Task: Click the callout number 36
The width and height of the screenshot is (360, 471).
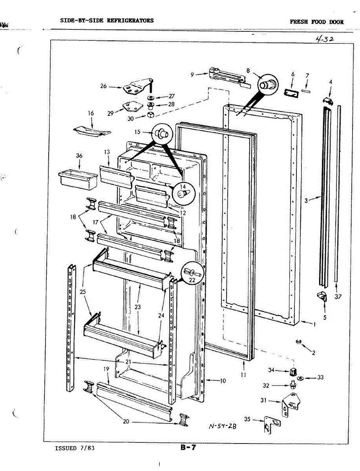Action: pyautogui.click(x=79, y=155)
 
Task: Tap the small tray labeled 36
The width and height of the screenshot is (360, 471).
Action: pyautogui.click(x=77, y=179)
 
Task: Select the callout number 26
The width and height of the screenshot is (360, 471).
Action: pyautogui.click(x=104, y=86)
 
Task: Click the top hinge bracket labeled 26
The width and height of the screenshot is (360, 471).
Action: pyautogui.click(x=135, y=88)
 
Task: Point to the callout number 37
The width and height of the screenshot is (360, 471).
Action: pyautogui.click(x=338, y=296)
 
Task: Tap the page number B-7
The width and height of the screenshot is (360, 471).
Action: pyautogui.click(x=188, y=448)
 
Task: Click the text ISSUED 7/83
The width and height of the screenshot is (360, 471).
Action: pyautogui.click(x=75, y=448)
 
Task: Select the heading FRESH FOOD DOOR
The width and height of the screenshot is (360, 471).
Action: pyautogui.click(x=316, y=22)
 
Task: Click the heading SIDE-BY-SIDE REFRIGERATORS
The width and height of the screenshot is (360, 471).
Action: pyautogui.click(x=107, y=20)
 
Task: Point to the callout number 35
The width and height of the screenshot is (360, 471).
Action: pyautogui.click(x=247, y=420)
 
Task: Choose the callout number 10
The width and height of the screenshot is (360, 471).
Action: pyautogui.click(x=223, y=380)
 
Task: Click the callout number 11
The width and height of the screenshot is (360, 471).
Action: pyautogui.click(x=243, y=375)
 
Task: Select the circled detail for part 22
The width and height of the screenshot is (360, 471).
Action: pyautogui.click(x=192, y=271)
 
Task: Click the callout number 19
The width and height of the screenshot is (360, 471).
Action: pyautogui.click(x=106, y=369)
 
